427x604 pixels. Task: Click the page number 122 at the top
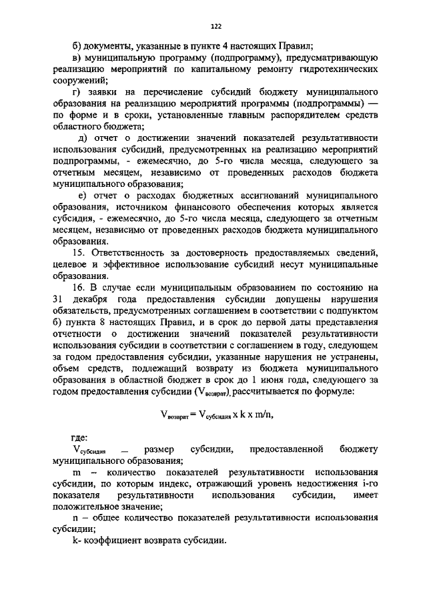click(216, 27)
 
